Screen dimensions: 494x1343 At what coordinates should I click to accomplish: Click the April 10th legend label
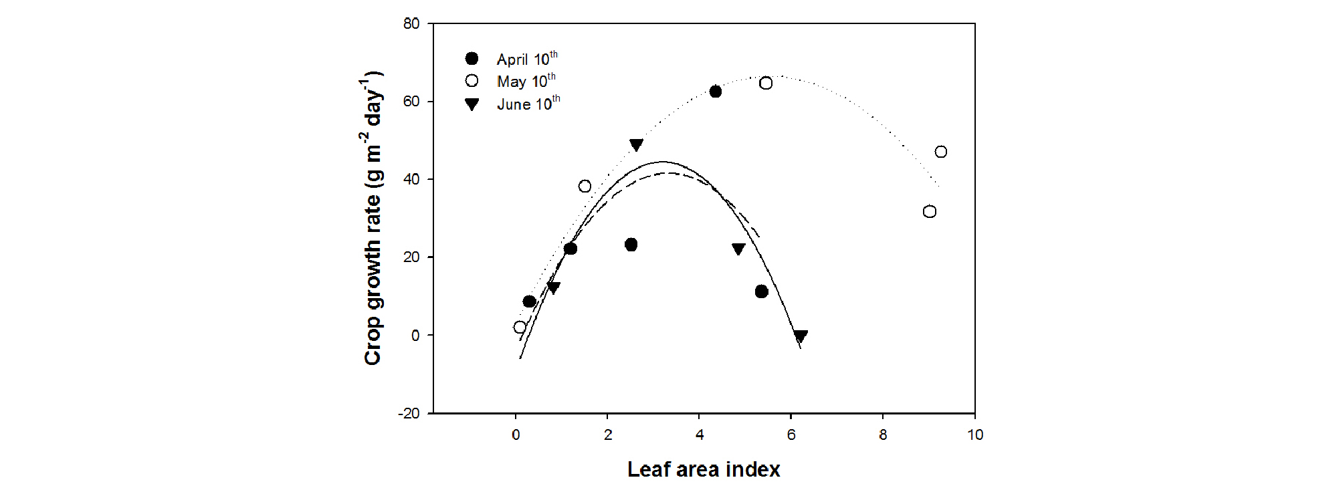[x=526, y=59]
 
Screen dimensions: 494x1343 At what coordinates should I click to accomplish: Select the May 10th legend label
[x=526, y=82]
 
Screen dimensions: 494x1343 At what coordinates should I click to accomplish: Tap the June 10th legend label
[x=528, y=104]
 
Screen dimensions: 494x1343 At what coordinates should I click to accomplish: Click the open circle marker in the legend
[x=472, y=81]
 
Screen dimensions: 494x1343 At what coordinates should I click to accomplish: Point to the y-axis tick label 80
[x=411, y=24]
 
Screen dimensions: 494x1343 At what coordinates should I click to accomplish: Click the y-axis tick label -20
[x=409, y=414]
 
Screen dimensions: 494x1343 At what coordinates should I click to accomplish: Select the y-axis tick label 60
[x=411, y=102]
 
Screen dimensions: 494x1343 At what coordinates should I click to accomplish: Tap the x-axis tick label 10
[x=974, y=435]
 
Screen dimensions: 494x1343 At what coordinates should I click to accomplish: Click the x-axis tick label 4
[x=700, y=435]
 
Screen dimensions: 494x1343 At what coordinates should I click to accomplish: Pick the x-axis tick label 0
[x=516, y=435]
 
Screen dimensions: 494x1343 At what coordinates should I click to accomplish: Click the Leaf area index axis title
[x=704, y=469]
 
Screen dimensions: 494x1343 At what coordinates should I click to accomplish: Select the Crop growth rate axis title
[x=373, y=218]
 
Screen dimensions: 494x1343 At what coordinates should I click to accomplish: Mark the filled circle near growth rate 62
[x=716, y=92]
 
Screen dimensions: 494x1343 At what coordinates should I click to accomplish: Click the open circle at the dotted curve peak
[x=766, y=84]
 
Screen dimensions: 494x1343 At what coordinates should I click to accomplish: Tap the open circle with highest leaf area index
[x=941, y=152]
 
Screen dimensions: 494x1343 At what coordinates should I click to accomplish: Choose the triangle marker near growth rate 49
[x=636, y=144]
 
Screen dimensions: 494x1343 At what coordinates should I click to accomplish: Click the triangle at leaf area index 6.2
[x=801, y=336]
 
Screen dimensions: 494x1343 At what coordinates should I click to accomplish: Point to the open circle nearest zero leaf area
[x=520, y=327]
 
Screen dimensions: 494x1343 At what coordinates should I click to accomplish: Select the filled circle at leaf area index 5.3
[x=761, y=291]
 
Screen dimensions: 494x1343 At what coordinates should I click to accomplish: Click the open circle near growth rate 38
[x=585, y=187]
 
